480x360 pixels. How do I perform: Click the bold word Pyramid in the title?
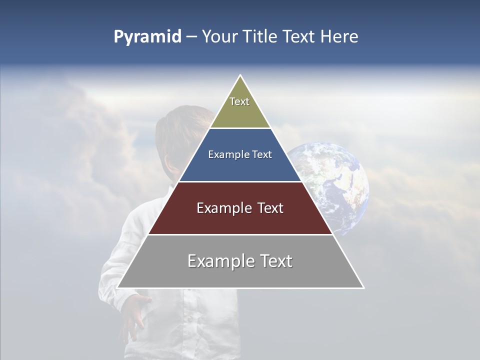tap(147, 37)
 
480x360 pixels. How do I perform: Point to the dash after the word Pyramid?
tap(191, 37)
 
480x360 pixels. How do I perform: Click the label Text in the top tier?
tap(239, 101)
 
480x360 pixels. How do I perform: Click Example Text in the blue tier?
tap(240, 154)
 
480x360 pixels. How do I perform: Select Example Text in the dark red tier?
tap(240, 208)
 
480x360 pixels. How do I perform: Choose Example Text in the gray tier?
tap(240, 261)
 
